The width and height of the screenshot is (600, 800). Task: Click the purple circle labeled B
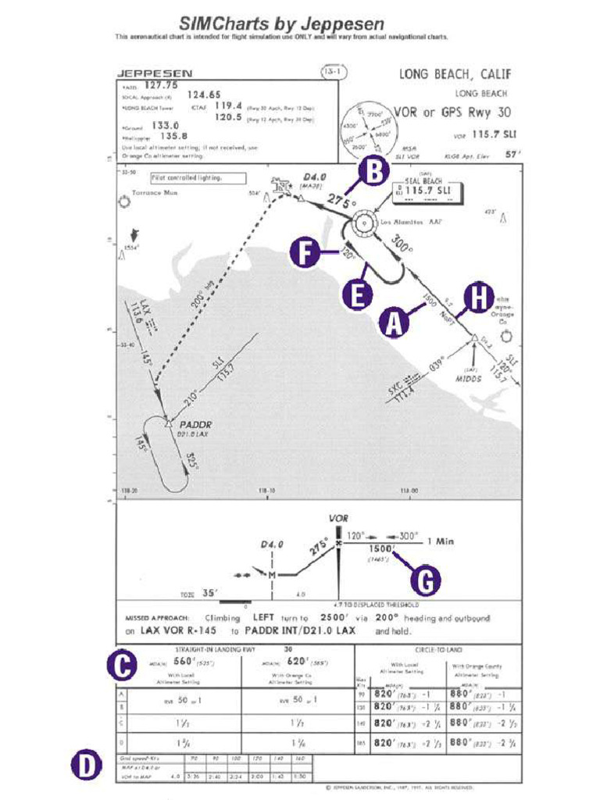374,171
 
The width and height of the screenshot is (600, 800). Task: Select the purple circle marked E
357,295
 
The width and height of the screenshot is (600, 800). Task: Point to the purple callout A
395,322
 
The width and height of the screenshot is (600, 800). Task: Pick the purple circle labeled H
478,297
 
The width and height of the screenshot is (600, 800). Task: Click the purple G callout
425,580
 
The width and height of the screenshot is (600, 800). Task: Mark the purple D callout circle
87,765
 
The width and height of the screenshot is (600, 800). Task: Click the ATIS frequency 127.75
162,85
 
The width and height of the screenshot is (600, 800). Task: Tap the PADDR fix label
196,425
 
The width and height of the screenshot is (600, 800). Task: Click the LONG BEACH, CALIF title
455,75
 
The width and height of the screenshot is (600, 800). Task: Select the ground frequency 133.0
165,125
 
